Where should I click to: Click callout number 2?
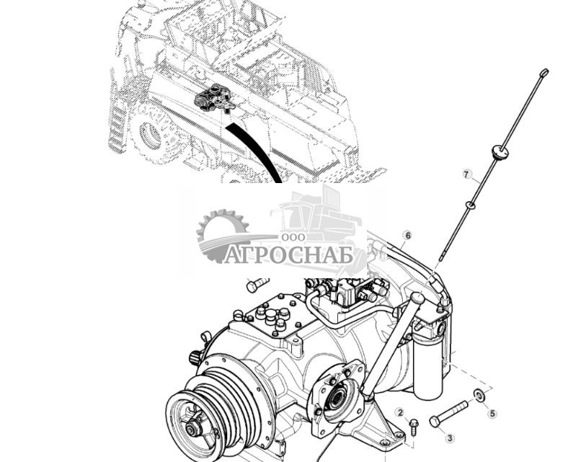[399, 412]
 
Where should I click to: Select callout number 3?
[450, 437]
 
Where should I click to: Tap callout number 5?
[493, 414]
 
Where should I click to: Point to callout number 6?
[407, 235]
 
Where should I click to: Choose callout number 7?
[466, 174]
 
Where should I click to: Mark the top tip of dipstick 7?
[544, 72]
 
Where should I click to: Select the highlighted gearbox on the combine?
[215, 99]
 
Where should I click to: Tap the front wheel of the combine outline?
[150, 135]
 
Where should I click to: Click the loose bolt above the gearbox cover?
[257, 285]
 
